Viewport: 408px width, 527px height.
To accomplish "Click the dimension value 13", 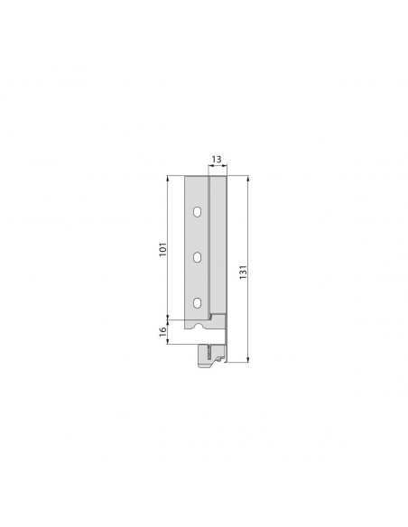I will click(x=217, y=160).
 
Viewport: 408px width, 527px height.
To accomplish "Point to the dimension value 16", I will click(x=161, y=331).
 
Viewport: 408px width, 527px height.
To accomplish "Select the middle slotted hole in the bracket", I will click(x=196, y=257).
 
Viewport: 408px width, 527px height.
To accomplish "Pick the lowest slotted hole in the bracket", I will click(x=196, y=302).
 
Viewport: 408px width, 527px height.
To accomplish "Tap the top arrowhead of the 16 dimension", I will click(x=169, y=323).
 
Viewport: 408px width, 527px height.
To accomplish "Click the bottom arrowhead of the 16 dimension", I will click(x=169, y=342).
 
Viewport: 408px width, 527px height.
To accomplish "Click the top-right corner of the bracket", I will click(x=227, y=177).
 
